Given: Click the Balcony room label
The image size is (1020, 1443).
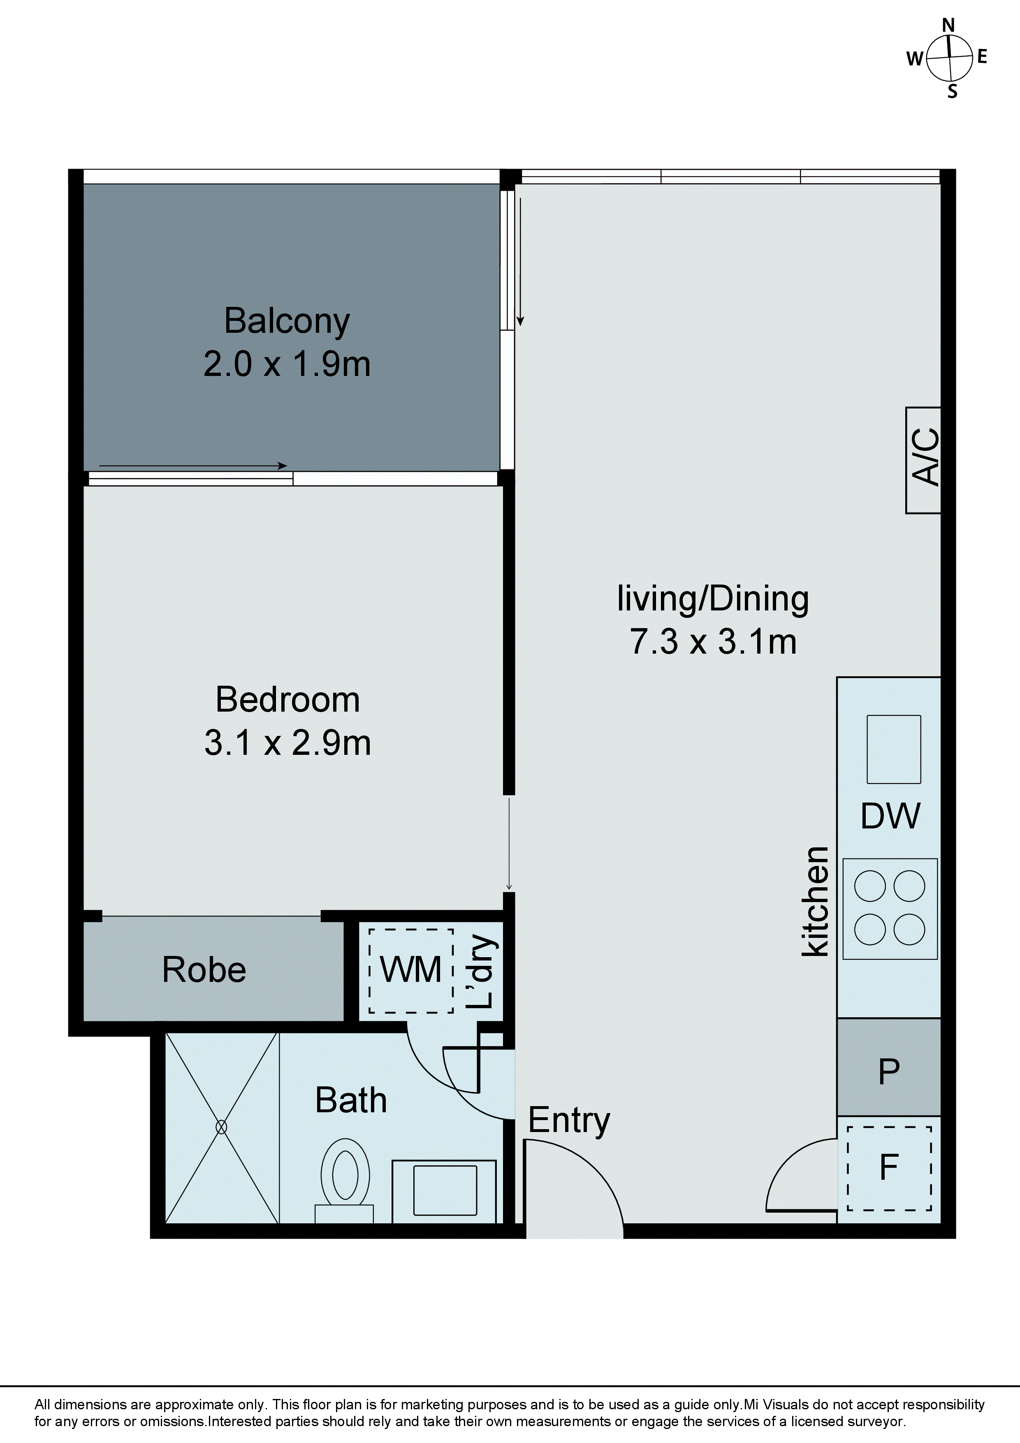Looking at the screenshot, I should pos(287,321).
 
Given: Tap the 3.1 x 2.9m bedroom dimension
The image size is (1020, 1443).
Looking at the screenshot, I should pos(287,743).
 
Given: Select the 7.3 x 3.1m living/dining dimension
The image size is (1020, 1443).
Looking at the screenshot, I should pos(713,642).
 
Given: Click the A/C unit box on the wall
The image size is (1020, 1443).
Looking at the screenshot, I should pos(923,460).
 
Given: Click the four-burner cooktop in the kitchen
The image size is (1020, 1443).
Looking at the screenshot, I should pos(889,908).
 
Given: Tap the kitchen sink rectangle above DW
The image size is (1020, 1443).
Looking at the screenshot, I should pos(893,749).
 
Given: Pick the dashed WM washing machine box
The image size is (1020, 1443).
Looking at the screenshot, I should pos(410,970).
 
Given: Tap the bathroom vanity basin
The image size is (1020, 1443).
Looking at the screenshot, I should pos(444,1190).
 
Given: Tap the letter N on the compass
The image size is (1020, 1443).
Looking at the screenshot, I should pos(948,25).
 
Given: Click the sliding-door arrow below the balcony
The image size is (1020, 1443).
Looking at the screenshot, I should pos(193,466).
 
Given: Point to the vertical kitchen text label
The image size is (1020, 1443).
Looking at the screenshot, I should pos(816,901).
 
